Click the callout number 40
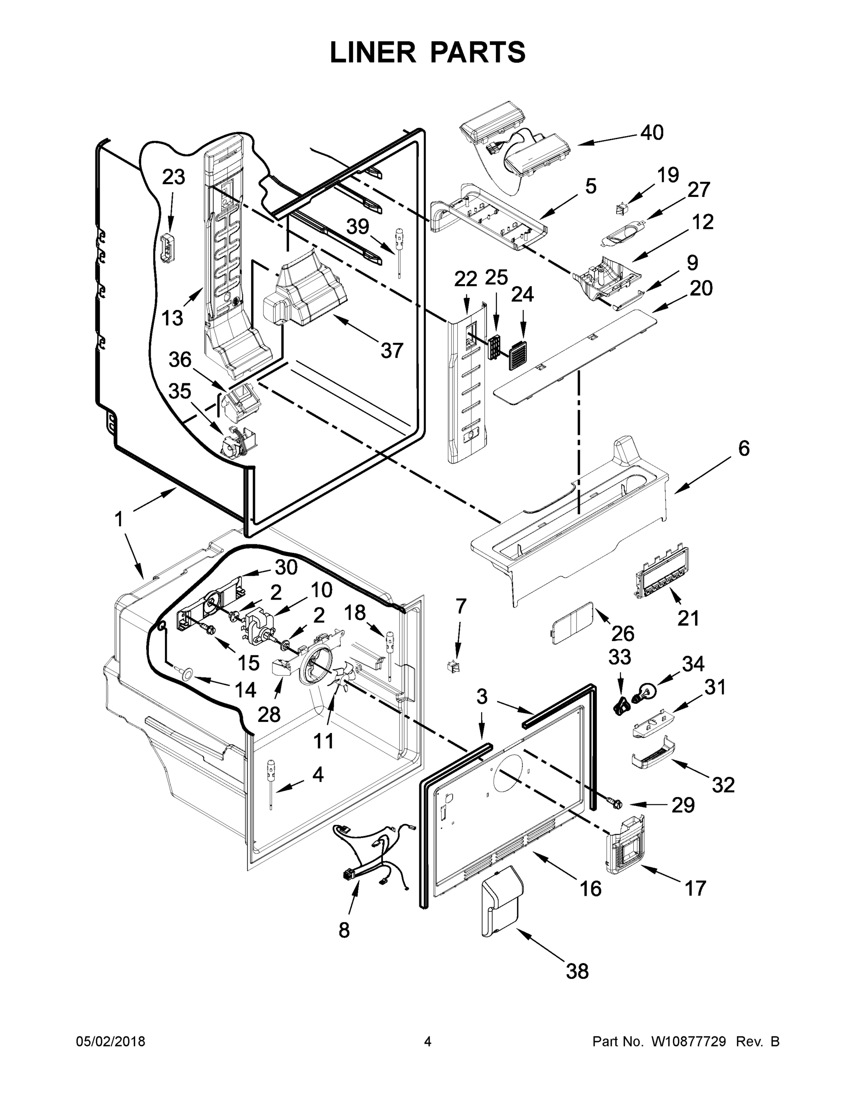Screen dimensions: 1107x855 pyautogui.click(x=651, y=133)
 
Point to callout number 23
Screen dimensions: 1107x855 pyautogui.click(x=173, y=178)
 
